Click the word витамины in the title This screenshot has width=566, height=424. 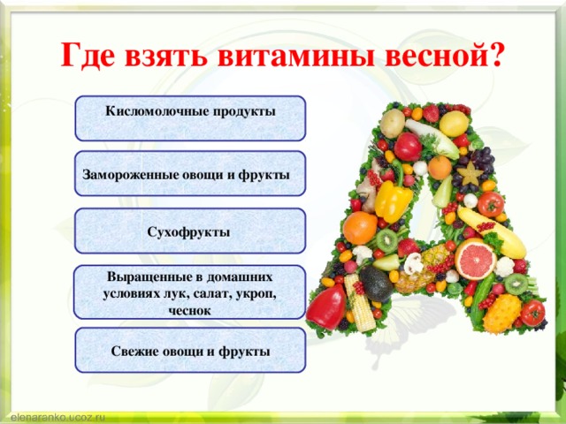(x=297, y=56)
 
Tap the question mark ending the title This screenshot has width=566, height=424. (x=494, y=55)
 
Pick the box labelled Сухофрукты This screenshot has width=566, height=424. (x=190, y=231)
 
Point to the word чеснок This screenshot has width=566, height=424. (x=189, y=311)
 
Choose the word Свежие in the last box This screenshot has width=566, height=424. (x=134, y=352)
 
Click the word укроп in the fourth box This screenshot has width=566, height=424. (x=256, y=294)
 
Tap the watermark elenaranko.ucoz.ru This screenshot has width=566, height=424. (x=57, y=418)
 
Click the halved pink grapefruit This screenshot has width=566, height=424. (x=475, y=259)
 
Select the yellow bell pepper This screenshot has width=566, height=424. (x=393, y=201)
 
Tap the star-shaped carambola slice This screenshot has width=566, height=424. (x=470, y=173)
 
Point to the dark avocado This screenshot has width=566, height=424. (x=376, y=284)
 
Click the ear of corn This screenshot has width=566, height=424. (x=359, y=303)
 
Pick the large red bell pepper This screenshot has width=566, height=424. (x=326, y=307)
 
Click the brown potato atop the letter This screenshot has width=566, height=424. (x=392, y=123)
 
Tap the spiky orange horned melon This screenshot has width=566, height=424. (x=502, y=313)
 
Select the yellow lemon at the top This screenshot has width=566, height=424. (x=454, y=124)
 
